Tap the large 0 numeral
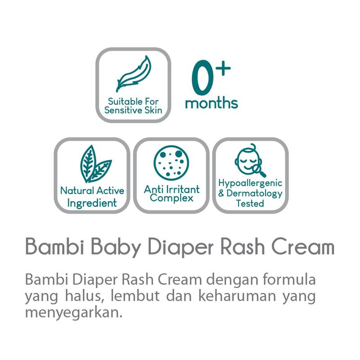tap(202, 78)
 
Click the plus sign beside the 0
tap(224, 68)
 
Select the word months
tap(211, 103)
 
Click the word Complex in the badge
tap(171, 198)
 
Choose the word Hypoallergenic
tap(250, 183)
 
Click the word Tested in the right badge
tap(250, 203)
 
